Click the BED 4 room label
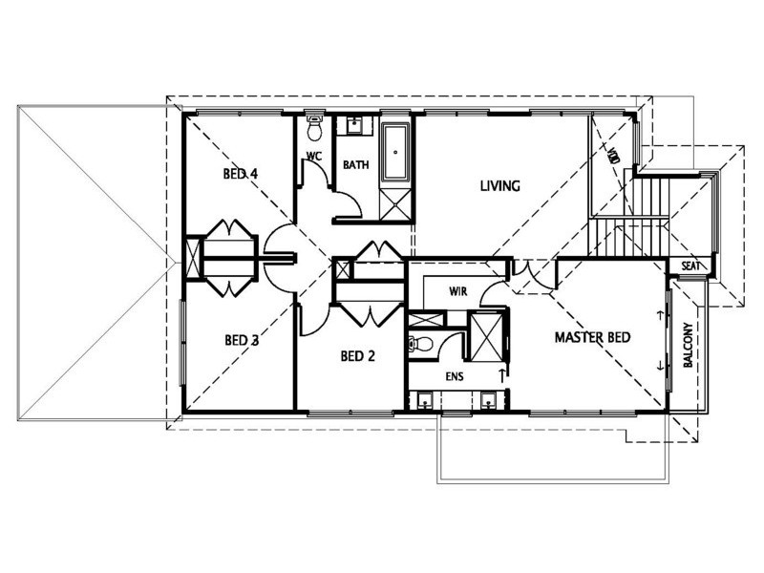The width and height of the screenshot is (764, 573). click(241, 174)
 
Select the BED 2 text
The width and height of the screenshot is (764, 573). click(358, 357)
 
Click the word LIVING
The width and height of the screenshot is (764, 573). click(499, 186)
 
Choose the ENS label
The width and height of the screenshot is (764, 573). click(455, 376)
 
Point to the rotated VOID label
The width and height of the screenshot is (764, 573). click(613, 154)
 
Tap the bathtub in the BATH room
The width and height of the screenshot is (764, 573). click(394, 154)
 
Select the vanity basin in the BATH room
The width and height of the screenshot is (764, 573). click(355, 125)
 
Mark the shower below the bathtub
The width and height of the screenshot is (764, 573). click(394, 204)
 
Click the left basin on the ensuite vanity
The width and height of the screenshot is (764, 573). click(422, 398)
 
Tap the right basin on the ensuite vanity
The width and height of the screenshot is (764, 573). click(488, 398)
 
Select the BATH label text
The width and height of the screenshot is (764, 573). click(355, 165)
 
